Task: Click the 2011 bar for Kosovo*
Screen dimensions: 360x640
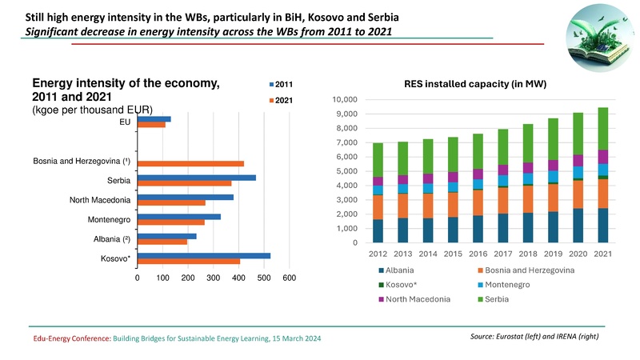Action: pyautogui.click(x=204, y=256)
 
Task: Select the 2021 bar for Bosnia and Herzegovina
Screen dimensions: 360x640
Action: pyautogui.click(x=190, y=164)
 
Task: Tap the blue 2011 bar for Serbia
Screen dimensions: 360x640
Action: pyautogui.click(x=197, y=178)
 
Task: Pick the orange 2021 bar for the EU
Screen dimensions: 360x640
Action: pyautogui.click(x=151, y=125)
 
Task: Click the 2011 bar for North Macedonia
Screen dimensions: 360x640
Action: pyautogui.click(x=186, y=197)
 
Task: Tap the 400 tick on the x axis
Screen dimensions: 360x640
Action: pyautogui.click(x=238, y=278)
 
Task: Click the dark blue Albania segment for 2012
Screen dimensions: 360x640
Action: pyautogui.click(x=378, y=232)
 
